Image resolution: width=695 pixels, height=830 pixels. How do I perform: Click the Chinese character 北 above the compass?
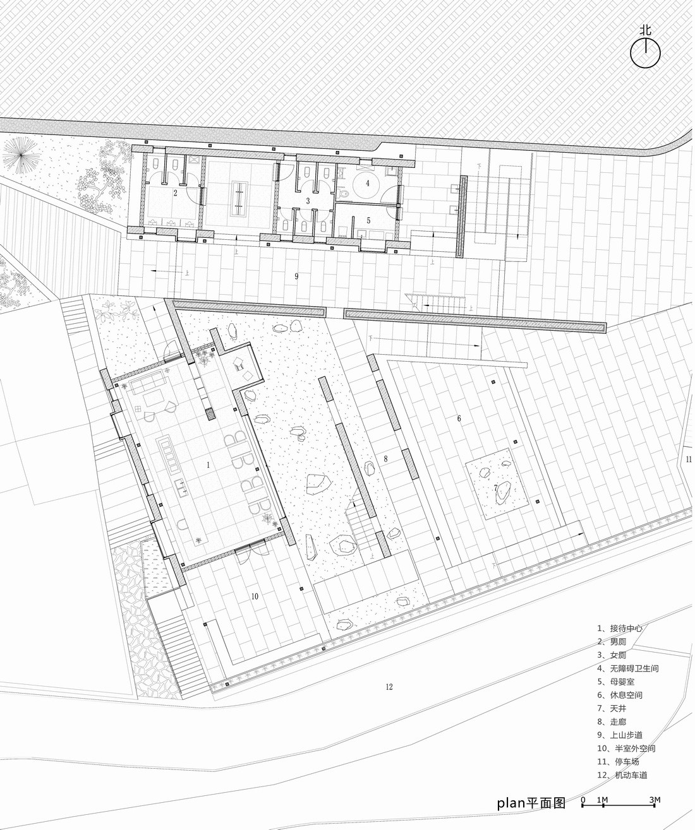click(645, 30)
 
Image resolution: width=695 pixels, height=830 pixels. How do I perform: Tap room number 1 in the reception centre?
click(208, 465)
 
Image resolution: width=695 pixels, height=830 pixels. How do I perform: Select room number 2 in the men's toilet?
click(175, 194)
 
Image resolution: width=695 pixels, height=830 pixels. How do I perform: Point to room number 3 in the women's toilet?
click(308, 201)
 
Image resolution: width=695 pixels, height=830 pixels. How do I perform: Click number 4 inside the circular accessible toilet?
click(367, 183)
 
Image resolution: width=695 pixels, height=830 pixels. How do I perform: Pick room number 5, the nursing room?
click(368, 221)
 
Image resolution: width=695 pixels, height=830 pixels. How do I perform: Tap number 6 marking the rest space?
click(459, 418)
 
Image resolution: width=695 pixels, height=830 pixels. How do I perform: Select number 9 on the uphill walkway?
click(296, 276)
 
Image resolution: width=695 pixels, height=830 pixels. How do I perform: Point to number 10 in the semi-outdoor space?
click(255, 596)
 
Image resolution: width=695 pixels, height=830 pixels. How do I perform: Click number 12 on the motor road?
click(389, 687)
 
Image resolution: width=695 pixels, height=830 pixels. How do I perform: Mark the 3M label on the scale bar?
click(655, 800)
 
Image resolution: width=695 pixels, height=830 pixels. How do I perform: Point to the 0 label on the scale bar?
click(583, 800)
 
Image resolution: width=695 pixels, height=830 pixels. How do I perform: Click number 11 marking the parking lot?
click(689, 459)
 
